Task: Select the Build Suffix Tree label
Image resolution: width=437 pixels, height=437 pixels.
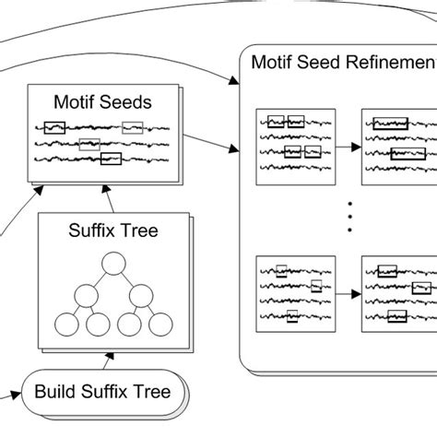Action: coord(102,392)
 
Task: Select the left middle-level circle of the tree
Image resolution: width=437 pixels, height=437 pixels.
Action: coord(88,298)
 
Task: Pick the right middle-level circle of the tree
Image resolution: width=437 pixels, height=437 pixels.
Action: coord(138,298)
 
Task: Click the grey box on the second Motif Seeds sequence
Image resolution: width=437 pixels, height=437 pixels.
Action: coord(89,143)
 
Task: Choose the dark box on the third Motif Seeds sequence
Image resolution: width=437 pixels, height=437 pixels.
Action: coord(111,159)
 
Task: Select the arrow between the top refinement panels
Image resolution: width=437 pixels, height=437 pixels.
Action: coord(348,145)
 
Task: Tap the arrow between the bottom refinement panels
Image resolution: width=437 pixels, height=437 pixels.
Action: coord(348,296)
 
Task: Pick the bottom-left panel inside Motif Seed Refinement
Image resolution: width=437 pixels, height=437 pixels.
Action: coord(294,296)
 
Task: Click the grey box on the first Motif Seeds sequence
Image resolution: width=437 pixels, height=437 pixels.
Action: coord(133,128)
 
